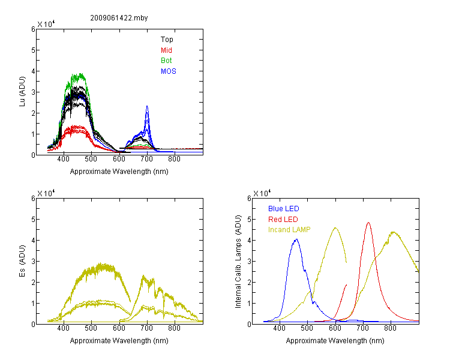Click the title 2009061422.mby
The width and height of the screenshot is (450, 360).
click(x=119, y=18)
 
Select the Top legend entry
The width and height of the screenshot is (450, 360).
click(x=167, y=40)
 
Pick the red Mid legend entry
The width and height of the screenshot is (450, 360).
click(x=166, y=50)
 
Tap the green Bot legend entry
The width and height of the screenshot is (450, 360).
click(x=166, y=61)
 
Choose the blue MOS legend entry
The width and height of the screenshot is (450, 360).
click(x=169, y=71)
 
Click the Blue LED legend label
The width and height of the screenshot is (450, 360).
click(x=284, y=209)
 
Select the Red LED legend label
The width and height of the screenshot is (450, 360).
click(x=283, y=220)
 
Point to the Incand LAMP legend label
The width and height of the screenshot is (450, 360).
click(x=289, y=230)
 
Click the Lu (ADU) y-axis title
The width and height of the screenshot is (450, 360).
click(x=22, y=92)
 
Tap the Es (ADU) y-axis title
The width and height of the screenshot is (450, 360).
click(x=22, y=261)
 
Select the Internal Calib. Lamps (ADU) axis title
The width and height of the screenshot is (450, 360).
click(x=238, y=262)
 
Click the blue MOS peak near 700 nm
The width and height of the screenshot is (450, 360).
click(x=147, y=106)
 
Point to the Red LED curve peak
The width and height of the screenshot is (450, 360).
click(x=368, y=223)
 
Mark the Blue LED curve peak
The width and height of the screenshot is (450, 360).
click(x=296, y=239)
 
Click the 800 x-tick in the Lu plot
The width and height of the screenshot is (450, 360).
click(x=174, y=159)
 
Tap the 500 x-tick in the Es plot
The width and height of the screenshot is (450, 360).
click(x=91, y=328)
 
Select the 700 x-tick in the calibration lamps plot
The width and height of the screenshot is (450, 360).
click(x=362, y=328)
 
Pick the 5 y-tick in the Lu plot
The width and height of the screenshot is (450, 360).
click(x=33, y=50)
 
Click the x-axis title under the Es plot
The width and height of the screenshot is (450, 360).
click(x=119, y=341)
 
